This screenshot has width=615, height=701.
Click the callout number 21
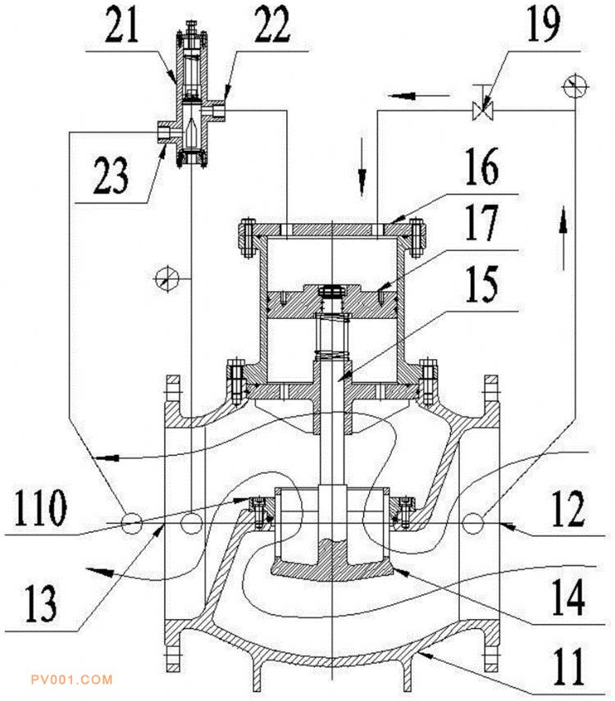pos(121,25)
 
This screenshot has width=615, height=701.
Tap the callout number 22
pos(272,25)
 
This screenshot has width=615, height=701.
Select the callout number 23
pos(111,175)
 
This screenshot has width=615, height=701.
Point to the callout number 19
pos(544,25)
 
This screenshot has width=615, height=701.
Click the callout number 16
pos(481,166)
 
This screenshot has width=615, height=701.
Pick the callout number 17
pos(481,222)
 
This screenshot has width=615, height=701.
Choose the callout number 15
pos(481,284)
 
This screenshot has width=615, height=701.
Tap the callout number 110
pos(41,508)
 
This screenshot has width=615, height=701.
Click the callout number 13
pos(41,603)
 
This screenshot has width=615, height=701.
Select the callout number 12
pos(568,509)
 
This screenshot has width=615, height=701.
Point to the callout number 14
pos(568,597)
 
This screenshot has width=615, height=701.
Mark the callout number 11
pos(568,667)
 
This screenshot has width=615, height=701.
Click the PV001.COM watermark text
pos(71,680)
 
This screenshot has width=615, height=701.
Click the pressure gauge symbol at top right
pos(576,86)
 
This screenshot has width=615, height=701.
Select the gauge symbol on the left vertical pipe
pos(166,279)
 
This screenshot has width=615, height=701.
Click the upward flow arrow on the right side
pos(563,239)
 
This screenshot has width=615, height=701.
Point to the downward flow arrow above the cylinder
pos(362,167)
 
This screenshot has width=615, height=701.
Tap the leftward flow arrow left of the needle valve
pos(418,95)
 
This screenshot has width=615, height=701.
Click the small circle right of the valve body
pos(474,522)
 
